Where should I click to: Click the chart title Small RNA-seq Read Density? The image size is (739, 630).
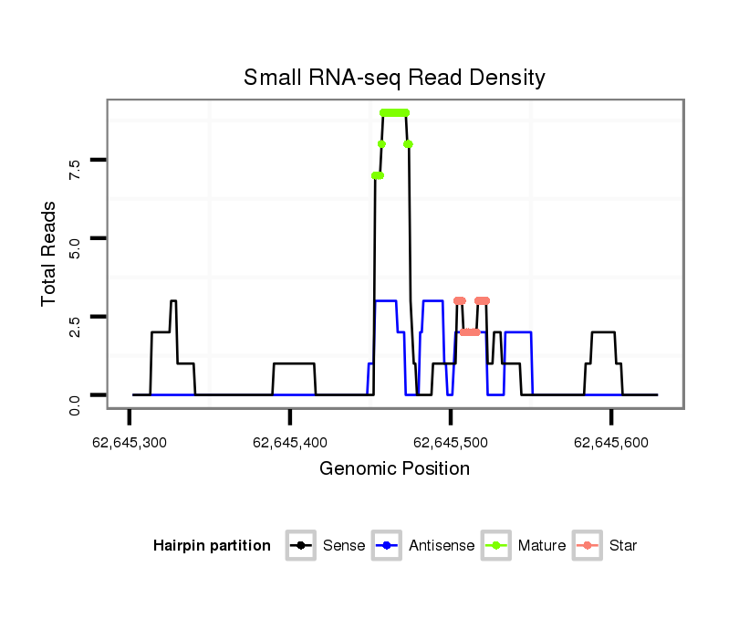click(394, 78)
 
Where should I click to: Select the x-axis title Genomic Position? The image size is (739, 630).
click(394, 469)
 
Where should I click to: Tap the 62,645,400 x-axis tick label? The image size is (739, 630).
click(289, 443)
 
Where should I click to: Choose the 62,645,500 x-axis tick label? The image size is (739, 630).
click(450, 443)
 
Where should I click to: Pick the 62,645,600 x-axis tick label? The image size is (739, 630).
click(610, 443)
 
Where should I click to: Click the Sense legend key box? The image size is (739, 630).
click(300, 546)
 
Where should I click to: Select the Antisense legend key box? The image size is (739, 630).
click(388, 546)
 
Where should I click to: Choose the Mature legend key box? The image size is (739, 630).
click(496, 546)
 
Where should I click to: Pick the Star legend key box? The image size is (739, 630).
click(588, 546)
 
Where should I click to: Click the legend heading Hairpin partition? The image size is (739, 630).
click(212, 546)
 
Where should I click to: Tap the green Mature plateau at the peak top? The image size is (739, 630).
click(395, 112)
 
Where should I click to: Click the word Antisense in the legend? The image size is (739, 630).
click(442, 546)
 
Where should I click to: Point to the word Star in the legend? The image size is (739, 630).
click(623, 546)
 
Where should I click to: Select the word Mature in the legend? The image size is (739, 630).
click(542, 546)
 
